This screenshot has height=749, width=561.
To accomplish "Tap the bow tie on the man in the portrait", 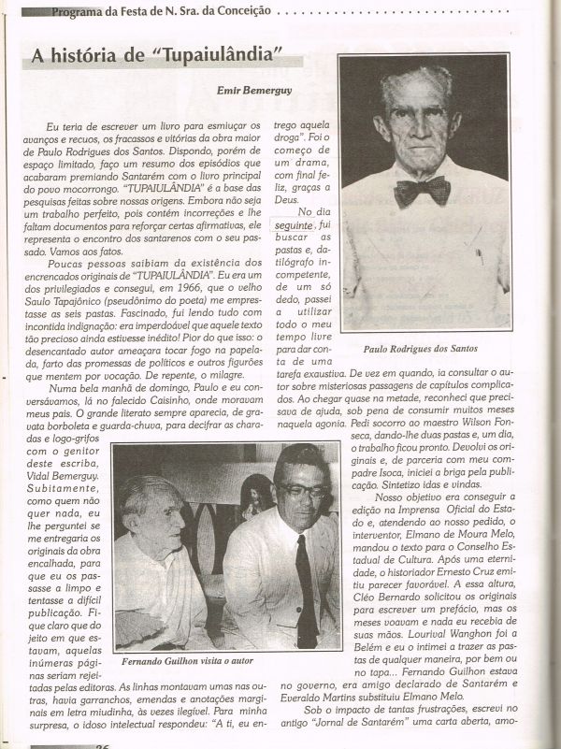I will pos(422,191).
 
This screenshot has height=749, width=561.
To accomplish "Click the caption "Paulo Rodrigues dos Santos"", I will pos(424,348).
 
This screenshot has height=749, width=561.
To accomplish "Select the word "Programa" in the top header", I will pos(78,11).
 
